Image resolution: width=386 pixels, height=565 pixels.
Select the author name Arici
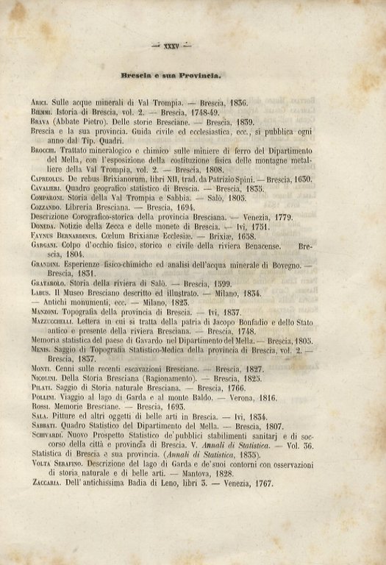(x=40, y=103)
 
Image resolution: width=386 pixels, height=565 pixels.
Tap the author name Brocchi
(x=45, y=149)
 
